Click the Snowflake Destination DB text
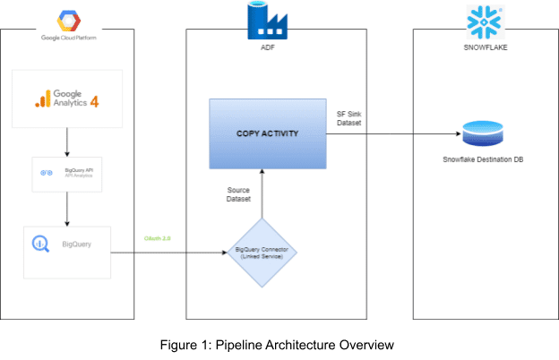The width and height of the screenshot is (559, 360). [483, 160]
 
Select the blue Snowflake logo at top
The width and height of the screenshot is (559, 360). [483, 19]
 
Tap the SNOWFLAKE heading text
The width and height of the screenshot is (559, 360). [483, 39]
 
